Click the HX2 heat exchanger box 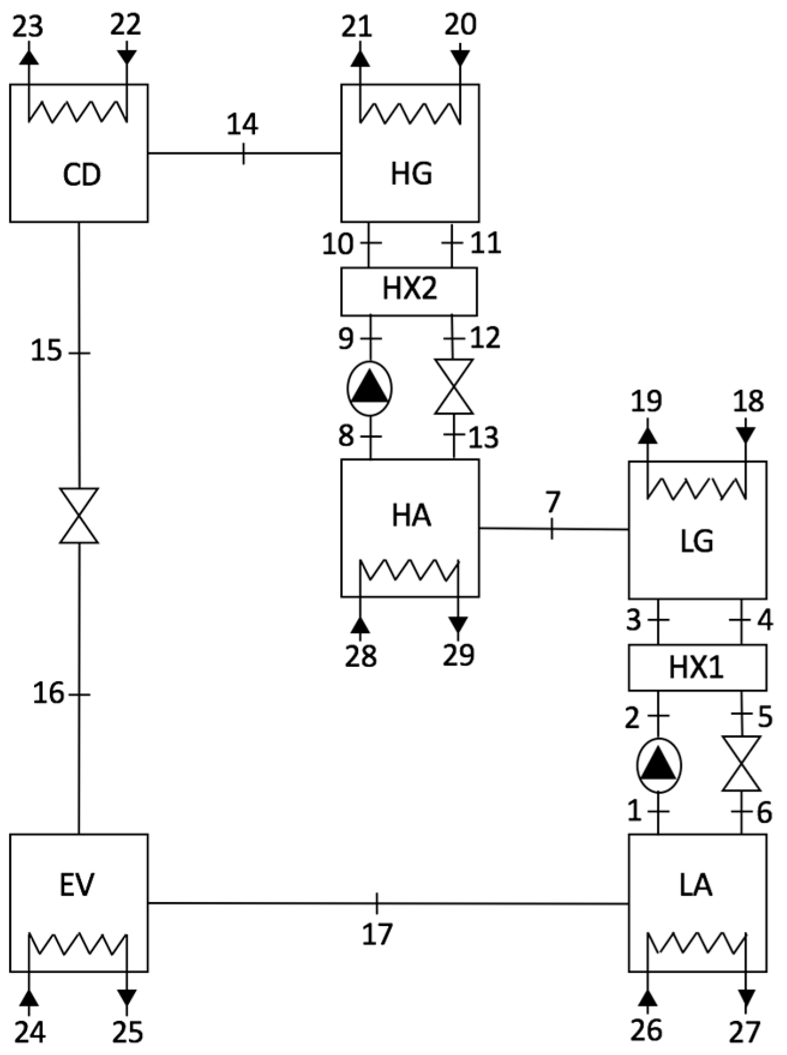click(409, 291)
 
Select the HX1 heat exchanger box click(696, 667)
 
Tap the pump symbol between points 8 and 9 click(370, 389)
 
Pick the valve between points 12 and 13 click(453, 387)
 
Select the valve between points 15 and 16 click(79, 516)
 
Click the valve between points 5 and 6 click(741, 764)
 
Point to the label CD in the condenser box click(82, 175)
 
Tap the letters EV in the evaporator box click(78, 885)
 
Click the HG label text click(411, 174)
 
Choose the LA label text click(696, 885)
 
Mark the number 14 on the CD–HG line click(242, 125)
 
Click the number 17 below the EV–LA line click(377, 934)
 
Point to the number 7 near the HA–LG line click(552, 501)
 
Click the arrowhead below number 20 click(460, 58)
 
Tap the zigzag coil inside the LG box click(696, 489)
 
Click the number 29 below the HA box click(459, 655)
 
